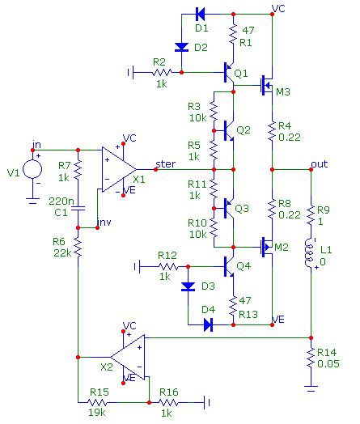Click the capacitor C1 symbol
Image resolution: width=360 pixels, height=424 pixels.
[x=78, y=209]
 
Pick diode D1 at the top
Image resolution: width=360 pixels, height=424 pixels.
[x=201, y=14]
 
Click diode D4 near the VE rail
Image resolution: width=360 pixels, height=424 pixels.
[x=208, y=324]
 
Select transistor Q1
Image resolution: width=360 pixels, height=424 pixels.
[x=229, y=73]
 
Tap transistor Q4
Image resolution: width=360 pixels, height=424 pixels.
[x=229, y=267]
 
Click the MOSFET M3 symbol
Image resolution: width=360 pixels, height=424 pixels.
[x=267, y=85]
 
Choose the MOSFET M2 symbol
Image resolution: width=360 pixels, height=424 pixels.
[x=267, y=247]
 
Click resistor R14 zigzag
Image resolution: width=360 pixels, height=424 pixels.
[x=311, y=357]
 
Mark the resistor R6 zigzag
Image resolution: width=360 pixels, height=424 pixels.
[x=78, y=247]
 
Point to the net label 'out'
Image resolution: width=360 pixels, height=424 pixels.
[x=320, y=164]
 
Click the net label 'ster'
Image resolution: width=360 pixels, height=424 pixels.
[x=165, y=164]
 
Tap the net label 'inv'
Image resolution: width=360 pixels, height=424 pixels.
[x=104, y=222]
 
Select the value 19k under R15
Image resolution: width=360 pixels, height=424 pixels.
[x=97, y=413]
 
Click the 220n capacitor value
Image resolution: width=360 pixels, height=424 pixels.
[x=61, y=201]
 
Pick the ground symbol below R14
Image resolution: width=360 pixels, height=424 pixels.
[x=311, y=388]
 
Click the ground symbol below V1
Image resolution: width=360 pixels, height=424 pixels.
[x=32, y=201]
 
